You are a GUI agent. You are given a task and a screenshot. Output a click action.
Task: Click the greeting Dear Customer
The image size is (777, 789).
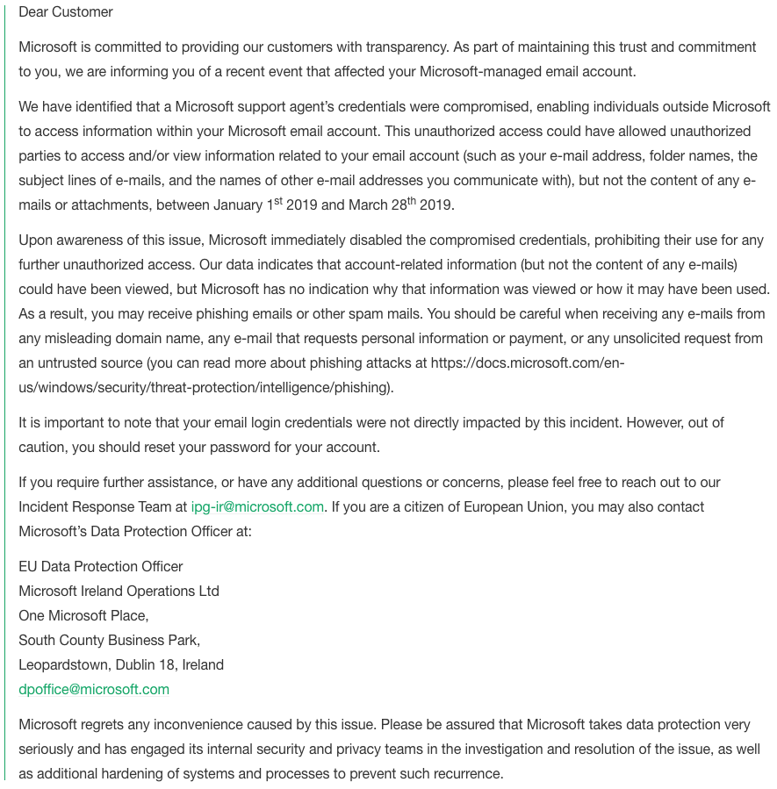coord(66,12)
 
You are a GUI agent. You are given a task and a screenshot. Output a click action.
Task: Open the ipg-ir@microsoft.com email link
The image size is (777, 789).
coord(257,506)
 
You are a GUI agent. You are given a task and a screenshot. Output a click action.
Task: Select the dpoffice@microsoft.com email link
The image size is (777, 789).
coord(94,689)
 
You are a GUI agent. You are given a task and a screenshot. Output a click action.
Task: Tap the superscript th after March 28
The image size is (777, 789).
coord(410,200)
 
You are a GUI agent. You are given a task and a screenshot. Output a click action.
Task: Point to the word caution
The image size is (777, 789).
coord(43,447)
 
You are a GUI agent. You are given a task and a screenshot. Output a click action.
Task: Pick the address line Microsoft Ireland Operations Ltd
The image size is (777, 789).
coord(119,591)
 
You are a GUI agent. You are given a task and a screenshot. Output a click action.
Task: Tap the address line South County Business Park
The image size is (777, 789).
coord(109,640)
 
